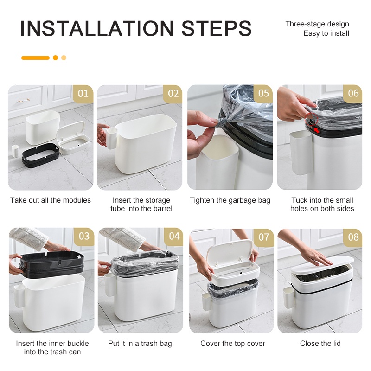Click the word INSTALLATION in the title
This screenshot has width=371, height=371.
(x=97, y=28)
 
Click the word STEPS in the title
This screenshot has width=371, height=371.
(x=216, y=28)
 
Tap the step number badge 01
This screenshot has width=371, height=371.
(x=83, y=94)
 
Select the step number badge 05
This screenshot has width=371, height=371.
(x=263, y=93)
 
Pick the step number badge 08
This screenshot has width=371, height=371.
(x=353, y=237)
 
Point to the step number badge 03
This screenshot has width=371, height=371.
(x=84, y=237)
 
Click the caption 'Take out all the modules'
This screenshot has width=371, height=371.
(x=51, y=200)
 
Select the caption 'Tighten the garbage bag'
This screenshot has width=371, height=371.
(x=230, y=200)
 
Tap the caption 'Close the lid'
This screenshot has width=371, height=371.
(x=320, y=343)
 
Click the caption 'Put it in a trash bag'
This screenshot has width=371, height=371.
(x=140, y=343)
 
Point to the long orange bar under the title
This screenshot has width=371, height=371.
(x=35, y=58)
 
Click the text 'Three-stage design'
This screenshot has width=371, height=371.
(x=317, y=24)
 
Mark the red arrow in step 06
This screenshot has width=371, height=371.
(x=317, y=130)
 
